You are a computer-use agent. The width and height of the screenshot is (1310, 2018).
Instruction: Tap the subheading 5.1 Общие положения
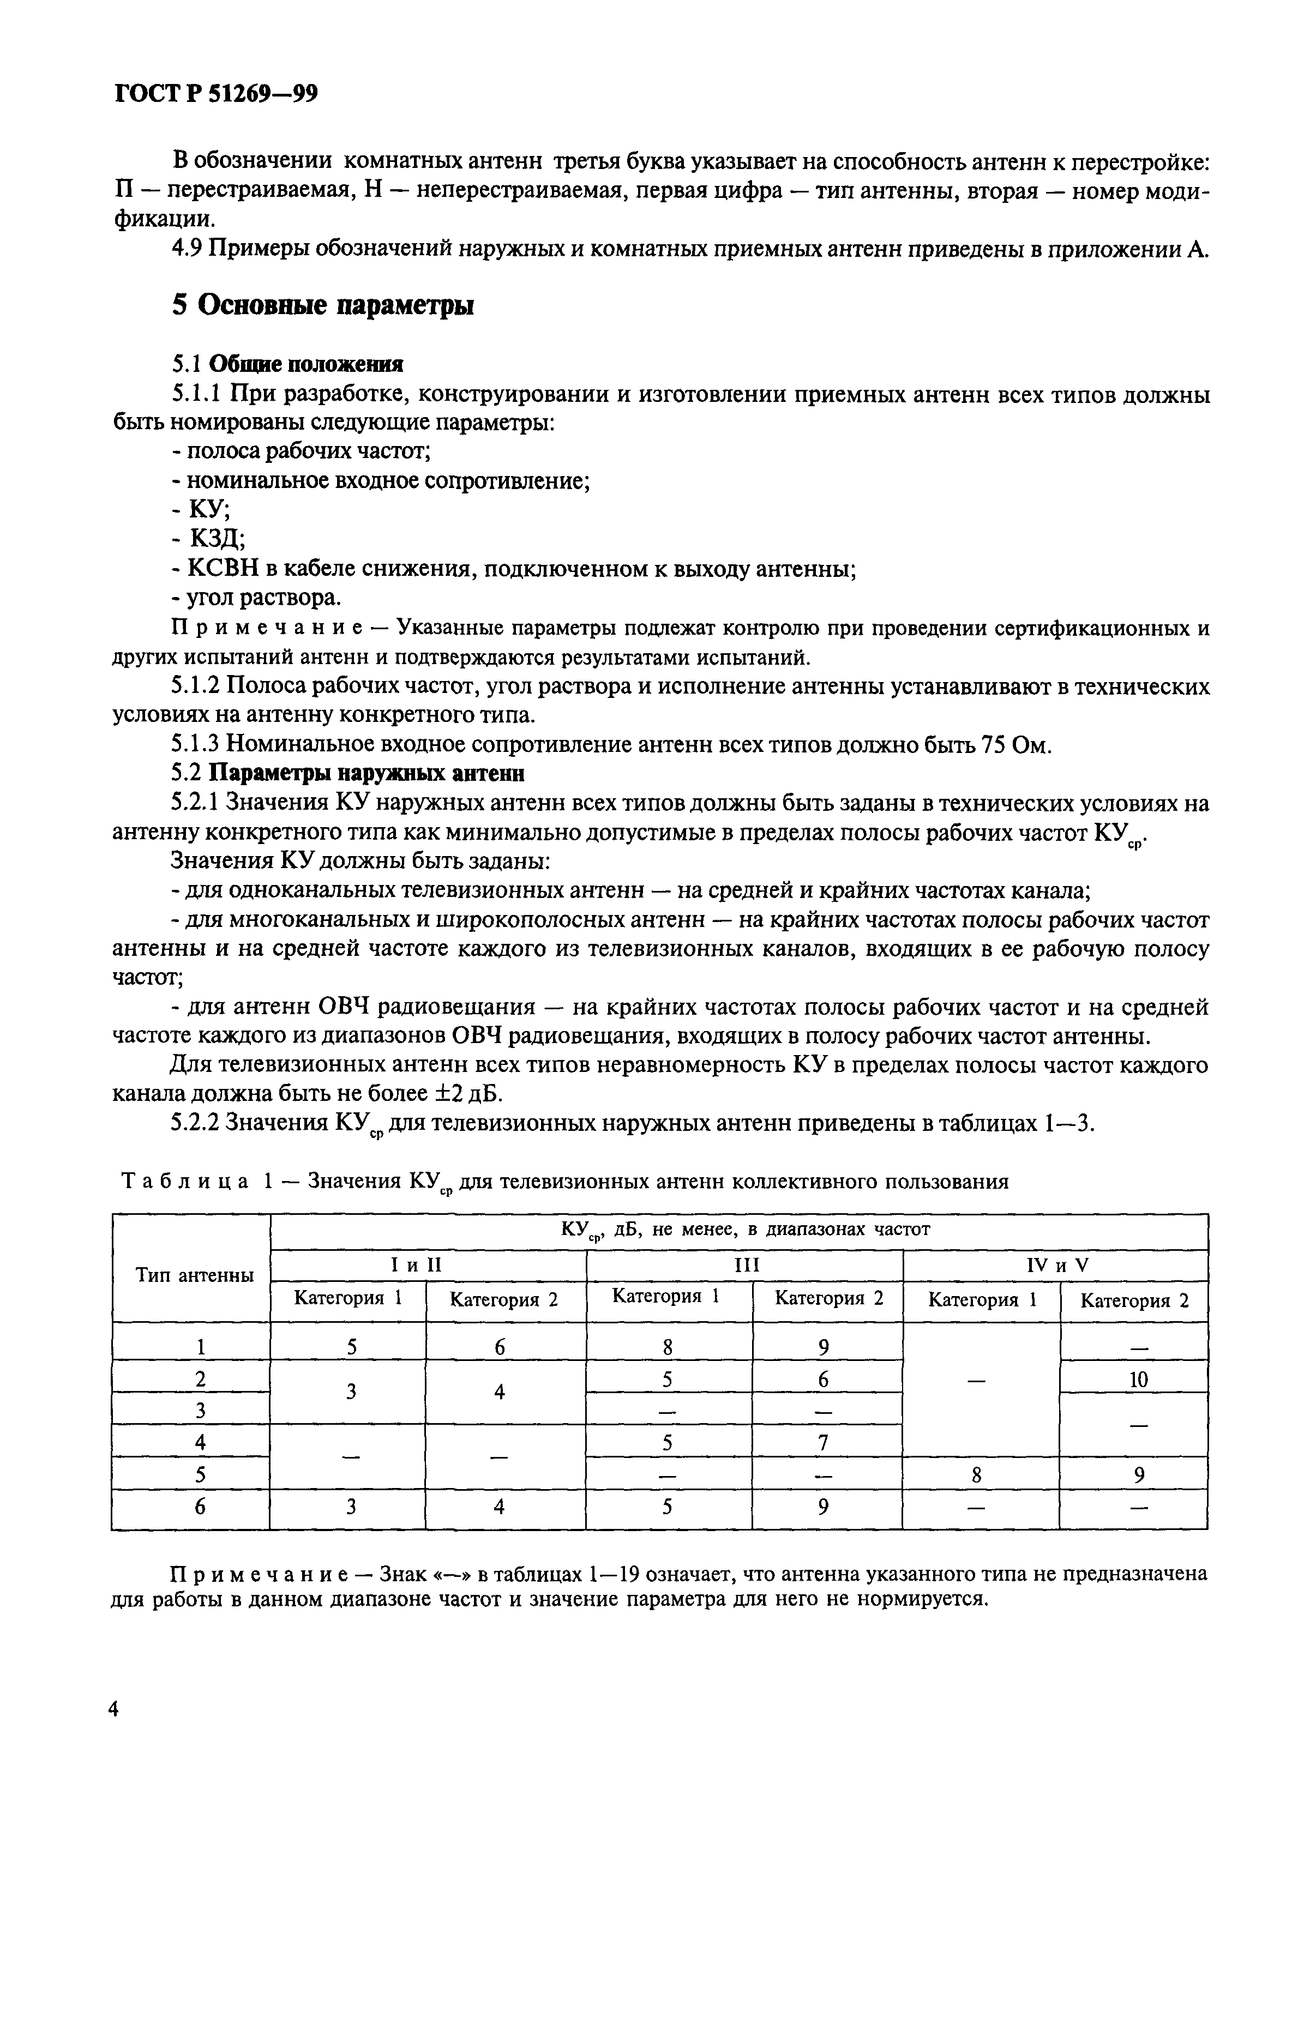pos(286,365)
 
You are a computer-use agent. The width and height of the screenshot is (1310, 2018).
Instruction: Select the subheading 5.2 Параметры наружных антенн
pos(347,773)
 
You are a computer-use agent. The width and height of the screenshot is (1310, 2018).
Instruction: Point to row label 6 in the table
pos(201,1507)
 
